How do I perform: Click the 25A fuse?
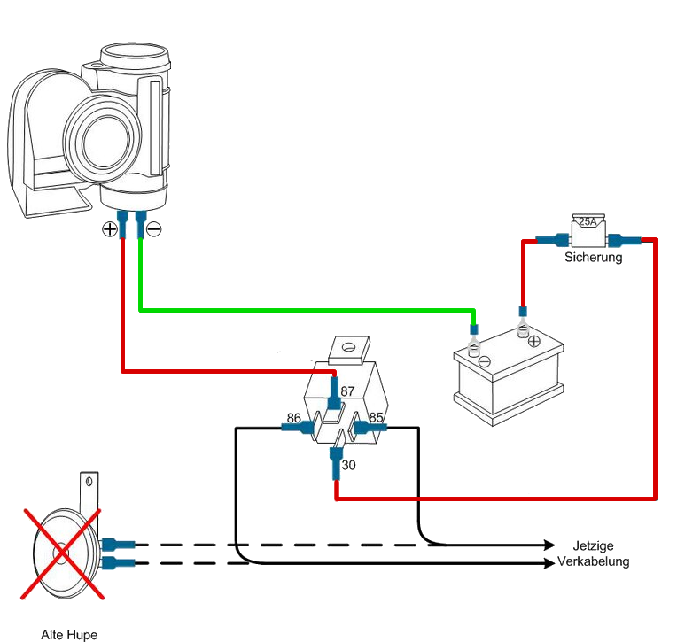(588, 231)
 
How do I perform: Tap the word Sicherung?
(593, 258)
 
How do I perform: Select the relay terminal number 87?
(347, 391)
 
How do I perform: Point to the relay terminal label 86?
(294, 418)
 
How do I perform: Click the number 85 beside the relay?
(376, 417)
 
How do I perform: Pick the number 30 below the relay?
(348, 465)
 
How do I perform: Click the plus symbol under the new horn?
(110, 229)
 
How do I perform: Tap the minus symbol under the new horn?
(153, 229)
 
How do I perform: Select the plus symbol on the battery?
(534, 341)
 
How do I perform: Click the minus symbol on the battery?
(485, 361)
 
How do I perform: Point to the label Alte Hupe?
(69, 635)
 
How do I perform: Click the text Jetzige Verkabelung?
(593, 553)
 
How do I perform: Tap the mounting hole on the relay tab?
(348, 347)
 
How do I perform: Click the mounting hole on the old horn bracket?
(89, 481)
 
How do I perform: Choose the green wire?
(307, 310)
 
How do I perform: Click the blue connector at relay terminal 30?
(336, 464)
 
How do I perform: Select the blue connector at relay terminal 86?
(298, 428)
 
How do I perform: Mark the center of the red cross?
(63, 553)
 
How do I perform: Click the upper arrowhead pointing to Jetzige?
(549, 545)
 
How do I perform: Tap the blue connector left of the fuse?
(553, 240)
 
